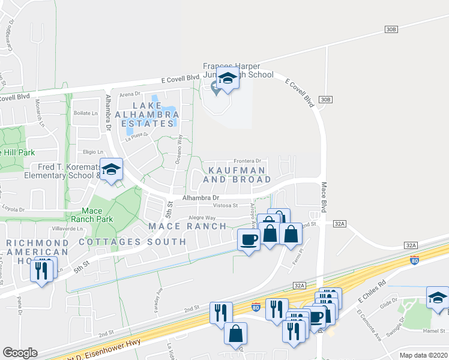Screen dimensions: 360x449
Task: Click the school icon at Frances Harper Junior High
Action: point(228,79)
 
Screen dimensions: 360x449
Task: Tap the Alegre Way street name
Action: point(202,218)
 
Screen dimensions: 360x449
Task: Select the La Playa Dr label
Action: point(136,138)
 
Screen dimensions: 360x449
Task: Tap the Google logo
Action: point(20,353)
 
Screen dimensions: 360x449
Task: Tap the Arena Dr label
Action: point(130,94)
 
